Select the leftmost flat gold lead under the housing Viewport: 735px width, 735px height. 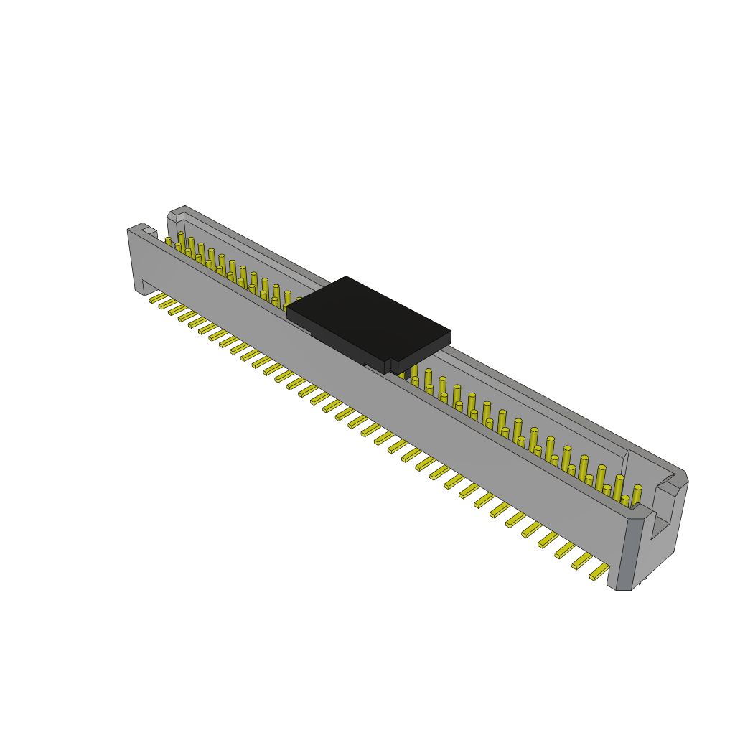[x=157, y=298]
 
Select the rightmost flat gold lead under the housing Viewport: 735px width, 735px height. [x=599, y=572]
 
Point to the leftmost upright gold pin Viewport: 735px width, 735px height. [x=169, y=242]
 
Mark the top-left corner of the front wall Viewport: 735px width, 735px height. [x=129, y=230]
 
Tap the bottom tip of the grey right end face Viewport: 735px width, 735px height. [x=623, y=589]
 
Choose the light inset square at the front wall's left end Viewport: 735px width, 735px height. [x=149, y=231]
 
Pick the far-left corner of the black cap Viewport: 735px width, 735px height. [x=287, y=309]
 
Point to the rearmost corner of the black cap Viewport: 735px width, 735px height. [x=346, y=277]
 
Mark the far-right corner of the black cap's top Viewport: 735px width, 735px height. [x=450, y=332]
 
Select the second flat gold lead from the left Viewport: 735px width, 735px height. [x=167, y=304]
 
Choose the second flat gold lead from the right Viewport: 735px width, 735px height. [x=581, y=561]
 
